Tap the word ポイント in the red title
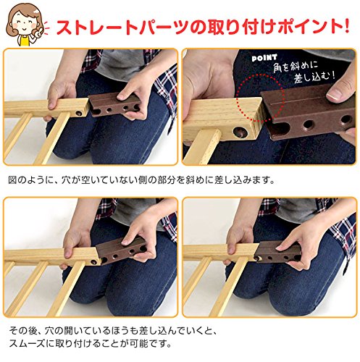[306, 26]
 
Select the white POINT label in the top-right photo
[264, 58]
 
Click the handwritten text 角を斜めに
[296, 67]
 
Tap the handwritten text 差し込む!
[314, 77]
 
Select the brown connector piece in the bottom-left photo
[120, 251]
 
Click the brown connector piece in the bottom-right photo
[278, 251]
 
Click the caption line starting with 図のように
[141, 180]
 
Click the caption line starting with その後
[113, 332]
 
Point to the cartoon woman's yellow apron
[25, 40]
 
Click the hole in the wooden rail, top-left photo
[79, 113]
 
